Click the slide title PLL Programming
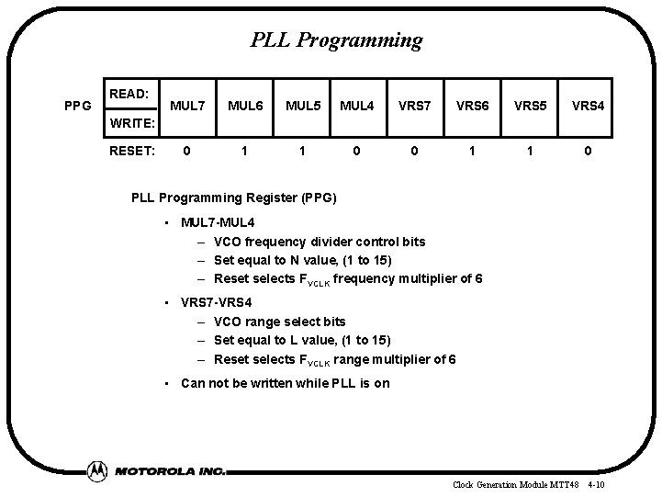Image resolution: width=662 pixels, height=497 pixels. pyautogui.click(x=336, y=40)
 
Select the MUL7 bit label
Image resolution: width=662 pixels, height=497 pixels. pyautogui.click(x=188, y=107)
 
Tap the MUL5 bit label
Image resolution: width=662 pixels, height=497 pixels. pyautogui.click(x=303, y=107)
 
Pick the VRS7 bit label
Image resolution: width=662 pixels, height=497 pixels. pyautogui.click(x=415, y=107)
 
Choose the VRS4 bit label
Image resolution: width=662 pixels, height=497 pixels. pyautogui.click(x=588, y=107)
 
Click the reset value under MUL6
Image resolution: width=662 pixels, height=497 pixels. pyautogui.click(x=243, y=150)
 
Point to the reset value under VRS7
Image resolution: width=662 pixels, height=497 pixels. pyautogui.click(x=415, y=150)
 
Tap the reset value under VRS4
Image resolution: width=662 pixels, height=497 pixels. pyautogui.click(x=588, y=150)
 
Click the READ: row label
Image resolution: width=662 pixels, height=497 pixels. pyautogui.click(x=129, y=94)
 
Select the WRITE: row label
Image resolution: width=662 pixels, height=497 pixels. pyautogui.click(x=132, y=122)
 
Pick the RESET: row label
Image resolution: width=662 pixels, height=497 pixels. pyautogui.click(x=132, y=150)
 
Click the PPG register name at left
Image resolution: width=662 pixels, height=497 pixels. pyautogui.click(x=77, y=107)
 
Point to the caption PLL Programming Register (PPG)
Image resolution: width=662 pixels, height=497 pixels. pyautogui.click(x=234, y=198)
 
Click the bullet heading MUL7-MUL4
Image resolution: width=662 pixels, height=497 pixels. pyautogui.click(x=219, y=223)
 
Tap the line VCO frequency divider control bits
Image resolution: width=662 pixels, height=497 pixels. pyautogui.click(x=319, y=242)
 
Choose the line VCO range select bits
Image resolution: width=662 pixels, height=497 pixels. pyautogui.click(x=279, y=322)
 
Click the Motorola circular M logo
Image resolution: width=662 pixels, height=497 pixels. pyautogui.click(x=97, y=470)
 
